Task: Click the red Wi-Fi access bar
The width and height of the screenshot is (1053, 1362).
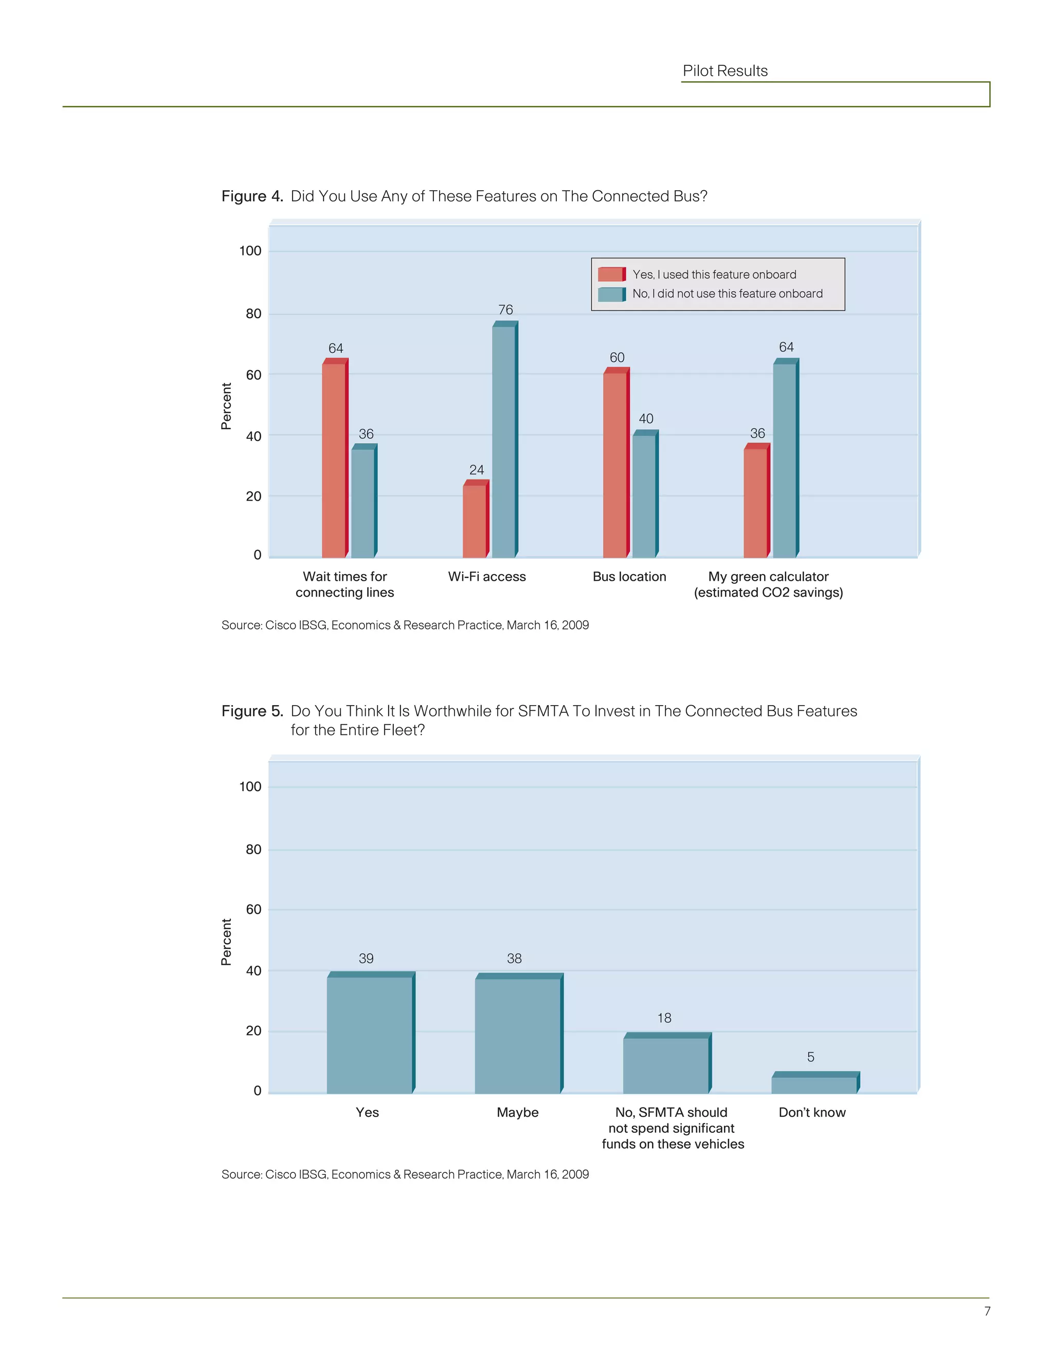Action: pos(475,521)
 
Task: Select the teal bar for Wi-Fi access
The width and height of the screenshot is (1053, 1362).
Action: pos(504,441)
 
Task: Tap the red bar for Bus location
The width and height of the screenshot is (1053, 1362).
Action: pos(615,465)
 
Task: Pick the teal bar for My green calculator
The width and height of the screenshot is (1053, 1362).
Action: pos(785,459)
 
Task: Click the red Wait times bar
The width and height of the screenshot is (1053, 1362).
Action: pos(334,459)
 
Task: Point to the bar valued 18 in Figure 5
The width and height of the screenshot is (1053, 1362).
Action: pos(666,1065)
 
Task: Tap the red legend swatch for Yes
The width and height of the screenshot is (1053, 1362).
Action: pos(611,274)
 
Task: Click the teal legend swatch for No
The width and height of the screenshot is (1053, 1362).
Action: pos(611,293)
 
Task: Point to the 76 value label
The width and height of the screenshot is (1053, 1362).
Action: pos(505,310)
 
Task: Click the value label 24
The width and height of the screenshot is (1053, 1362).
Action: pos(477,470)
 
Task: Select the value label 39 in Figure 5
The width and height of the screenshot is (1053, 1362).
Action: pos(366,959)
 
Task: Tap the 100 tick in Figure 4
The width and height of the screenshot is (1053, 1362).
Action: pos(250,251)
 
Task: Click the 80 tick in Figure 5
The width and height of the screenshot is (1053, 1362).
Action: pos(253,850)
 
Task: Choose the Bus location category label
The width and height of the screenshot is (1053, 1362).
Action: pos(629,577)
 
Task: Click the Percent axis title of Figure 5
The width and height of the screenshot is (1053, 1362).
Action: pos(226,942)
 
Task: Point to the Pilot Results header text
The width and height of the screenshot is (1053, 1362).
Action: pos(725,71)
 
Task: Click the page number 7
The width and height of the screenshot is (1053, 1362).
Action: pos(987,1312)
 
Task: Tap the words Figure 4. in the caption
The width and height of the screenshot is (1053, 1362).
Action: pos(252,196)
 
